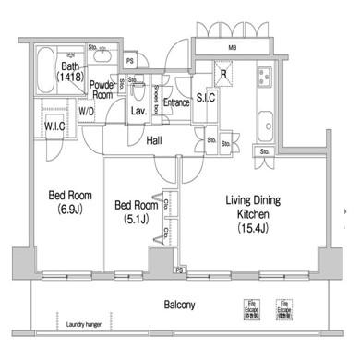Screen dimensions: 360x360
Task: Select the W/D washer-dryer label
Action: click(86, 113)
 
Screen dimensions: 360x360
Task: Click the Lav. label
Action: click(138, 111)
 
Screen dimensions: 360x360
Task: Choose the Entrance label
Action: click(175, 102)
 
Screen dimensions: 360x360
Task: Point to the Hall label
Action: click(156, 140)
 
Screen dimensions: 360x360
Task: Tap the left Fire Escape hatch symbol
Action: click(250, 306)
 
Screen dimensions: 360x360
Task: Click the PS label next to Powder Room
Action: click(130, 62)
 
